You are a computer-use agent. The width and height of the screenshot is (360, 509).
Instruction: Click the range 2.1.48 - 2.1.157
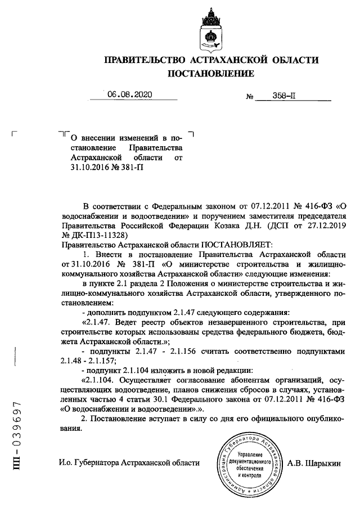coord(96,359)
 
